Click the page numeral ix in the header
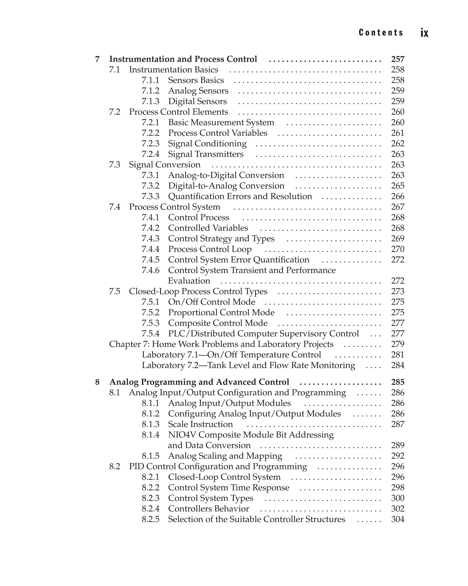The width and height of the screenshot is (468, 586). click(x=424, y=33)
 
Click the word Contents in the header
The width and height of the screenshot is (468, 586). click(x=381, y=33)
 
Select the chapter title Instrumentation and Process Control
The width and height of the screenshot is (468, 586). click(x=183, y=59)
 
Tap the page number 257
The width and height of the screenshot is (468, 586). click(x=397, y=59)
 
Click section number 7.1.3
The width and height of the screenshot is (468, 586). click(x=150, y=101)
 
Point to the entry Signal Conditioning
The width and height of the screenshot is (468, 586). click(x=207, y=143)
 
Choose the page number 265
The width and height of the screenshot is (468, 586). click(x=397, y=186)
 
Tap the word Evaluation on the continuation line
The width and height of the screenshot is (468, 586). click(x=189, y=281)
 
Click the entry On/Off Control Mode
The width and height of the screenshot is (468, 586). click(x=212, y=302)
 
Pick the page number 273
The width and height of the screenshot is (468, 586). click(x=397, y=291)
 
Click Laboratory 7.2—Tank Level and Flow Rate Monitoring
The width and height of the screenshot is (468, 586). click(x=248, y=365)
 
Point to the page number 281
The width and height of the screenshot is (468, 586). click(x=397, y=355)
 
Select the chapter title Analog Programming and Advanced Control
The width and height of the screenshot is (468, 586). click(x=199, y=382)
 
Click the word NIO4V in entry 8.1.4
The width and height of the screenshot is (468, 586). click(x=182, y=435)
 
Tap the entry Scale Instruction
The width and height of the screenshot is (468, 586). click(x=200, y=424)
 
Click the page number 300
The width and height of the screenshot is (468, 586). click(x=397, y=498)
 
